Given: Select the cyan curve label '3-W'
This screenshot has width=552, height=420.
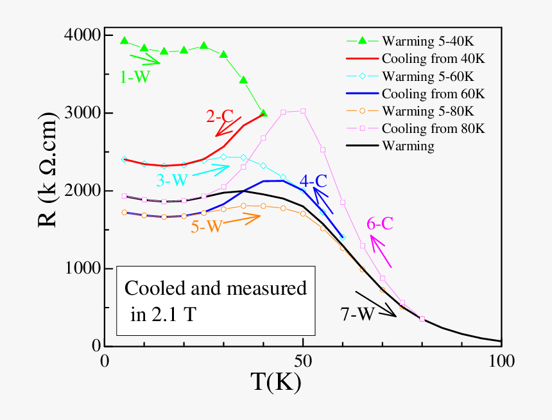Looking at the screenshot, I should pos(169,179).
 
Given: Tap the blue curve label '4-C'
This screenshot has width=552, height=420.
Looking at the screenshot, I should pos(315,181).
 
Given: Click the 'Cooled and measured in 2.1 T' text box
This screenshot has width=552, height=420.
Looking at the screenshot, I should pos(215,300).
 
